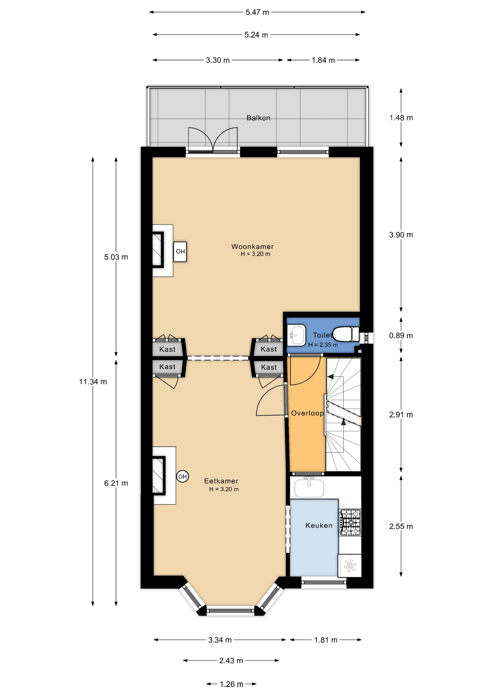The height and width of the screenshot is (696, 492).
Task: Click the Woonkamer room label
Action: pyautogui.click(x=253, y=246)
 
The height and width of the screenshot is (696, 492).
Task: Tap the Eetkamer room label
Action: pyautogui.click(x=221, y=481)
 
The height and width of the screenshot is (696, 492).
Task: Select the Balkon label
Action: pyautogui.click(x=258, y=118)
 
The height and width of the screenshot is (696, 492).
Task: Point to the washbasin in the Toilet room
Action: pyautogui.click(x=297, y=335)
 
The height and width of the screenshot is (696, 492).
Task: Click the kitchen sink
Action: pyautogui.click(x=309, y=488)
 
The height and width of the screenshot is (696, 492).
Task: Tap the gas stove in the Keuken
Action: pyautogui.click(x=350, y=522)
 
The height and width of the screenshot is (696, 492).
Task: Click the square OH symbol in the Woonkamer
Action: pyautogui.click(x=180, y=252)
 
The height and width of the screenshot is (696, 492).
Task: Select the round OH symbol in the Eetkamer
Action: pyautogui.click(x=183, y=476)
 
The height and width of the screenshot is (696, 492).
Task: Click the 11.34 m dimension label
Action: pyautogui.click(x=93, y=382)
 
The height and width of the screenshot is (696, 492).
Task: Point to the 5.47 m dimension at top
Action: pyautogui.click(x=257, y=12)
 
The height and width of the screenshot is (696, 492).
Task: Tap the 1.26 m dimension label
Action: pyautogui.click(x=232, y=684)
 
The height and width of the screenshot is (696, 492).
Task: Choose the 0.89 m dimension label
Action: pyautogui.click(x=401, y=336)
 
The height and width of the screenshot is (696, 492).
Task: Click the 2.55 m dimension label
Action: pyautogui.click(x=401, y=526)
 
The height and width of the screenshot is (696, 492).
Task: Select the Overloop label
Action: pyautogui.click(x=307, y=413)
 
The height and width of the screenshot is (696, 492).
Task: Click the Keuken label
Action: pyautogui.click(x=319, y=525)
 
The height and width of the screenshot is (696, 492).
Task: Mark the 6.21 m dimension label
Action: pyautogui.click(x=116, y=483)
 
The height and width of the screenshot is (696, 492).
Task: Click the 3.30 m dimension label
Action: pyautogui.click(x=218, y=60)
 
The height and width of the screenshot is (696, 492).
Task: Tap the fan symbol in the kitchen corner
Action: pyautogui.click(x=350, y=565)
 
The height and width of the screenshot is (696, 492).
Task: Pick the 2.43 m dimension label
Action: pyautogui.click(x=231, y=660)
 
